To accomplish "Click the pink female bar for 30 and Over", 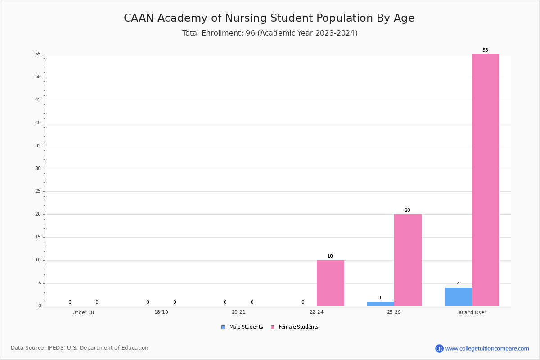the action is (486, 180).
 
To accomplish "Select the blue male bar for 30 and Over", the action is (459, 297).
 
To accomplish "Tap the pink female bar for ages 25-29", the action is (408, 260).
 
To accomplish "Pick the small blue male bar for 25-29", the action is (381, 304).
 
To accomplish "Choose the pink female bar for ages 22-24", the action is (330, 283).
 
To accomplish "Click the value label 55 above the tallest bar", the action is (485, 50).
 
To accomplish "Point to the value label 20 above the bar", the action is (407, 210).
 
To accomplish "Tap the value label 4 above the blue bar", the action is (458, 283).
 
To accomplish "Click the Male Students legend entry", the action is (242, 327).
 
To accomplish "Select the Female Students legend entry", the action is (295, 327).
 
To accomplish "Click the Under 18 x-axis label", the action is (83, 312).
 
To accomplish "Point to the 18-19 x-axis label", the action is (161, 312).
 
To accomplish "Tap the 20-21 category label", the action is (238, 312).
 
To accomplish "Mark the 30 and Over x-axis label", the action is (472, 312).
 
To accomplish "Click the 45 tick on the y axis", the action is (38, 99).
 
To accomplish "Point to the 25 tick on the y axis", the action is (38, 191).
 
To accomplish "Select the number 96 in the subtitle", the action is (250, 33).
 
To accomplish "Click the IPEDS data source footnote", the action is (80, 348).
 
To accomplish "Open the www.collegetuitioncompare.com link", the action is (487, 349).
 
